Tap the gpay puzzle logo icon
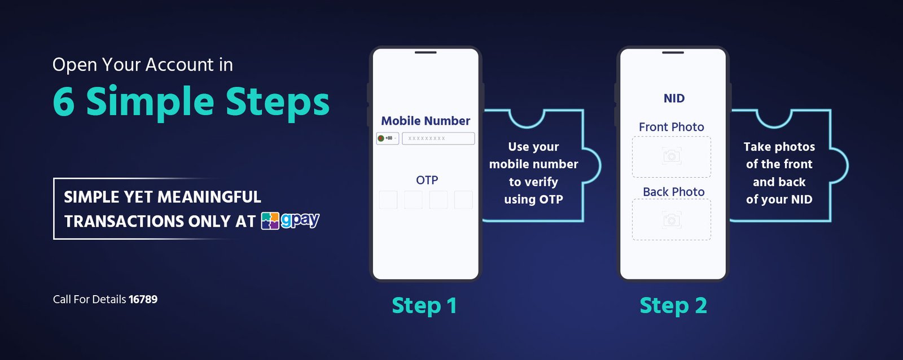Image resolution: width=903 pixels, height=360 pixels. point(270,221)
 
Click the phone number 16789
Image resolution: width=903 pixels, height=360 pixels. point(143,299)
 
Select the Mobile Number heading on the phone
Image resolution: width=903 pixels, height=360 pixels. point(426,121)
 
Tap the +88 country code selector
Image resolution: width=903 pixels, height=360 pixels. point(387,138)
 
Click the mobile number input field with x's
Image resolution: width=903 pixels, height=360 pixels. point(438,138)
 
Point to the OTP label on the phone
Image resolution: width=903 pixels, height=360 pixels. point(427,180)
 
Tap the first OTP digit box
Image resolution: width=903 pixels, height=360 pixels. point(388,200)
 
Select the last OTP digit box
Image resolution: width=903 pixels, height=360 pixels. point(463,200)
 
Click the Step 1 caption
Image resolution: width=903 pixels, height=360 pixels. point(424,305)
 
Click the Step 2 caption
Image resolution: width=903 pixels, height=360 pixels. point(673,305)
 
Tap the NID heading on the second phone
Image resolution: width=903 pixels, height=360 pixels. point(674,98)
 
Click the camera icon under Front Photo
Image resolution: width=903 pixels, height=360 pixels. point(672,156)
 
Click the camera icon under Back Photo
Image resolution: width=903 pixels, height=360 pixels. point(672,219)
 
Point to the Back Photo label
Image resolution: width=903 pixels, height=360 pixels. point(674,192)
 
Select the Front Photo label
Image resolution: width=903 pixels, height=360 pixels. point(672,127)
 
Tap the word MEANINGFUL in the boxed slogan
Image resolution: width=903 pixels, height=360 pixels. point(209,197)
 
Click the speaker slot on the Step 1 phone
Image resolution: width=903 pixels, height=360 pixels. point(426,52)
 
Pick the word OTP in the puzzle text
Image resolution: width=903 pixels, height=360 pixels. point(551,199)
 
